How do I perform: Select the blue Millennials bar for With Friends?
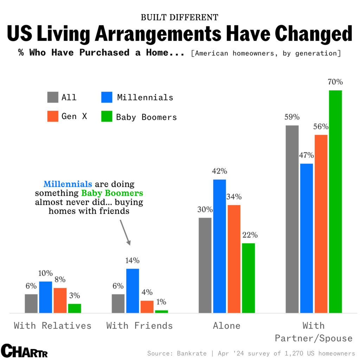point(133,291)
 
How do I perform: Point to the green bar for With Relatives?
point(75,308)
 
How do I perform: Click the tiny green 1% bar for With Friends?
point(161,311)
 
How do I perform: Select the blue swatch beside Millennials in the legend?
point(107,97)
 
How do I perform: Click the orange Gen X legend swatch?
point(53,116)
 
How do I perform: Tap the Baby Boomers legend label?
point(147,117)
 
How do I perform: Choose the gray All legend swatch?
point(53,97)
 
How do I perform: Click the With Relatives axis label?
point(52,326)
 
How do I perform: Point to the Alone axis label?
point(227,326)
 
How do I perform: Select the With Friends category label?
point(140,326)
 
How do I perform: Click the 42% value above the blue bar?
point(219,172)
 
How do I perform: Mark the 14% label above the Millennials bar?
point(132,261)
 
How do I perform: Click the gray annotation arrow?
point(126,232)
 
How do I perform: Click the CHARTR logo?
point(24,351)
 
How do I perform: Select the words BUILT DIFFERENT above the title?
point(180,17)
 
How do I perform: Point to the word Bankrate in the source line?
point(191,353)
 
